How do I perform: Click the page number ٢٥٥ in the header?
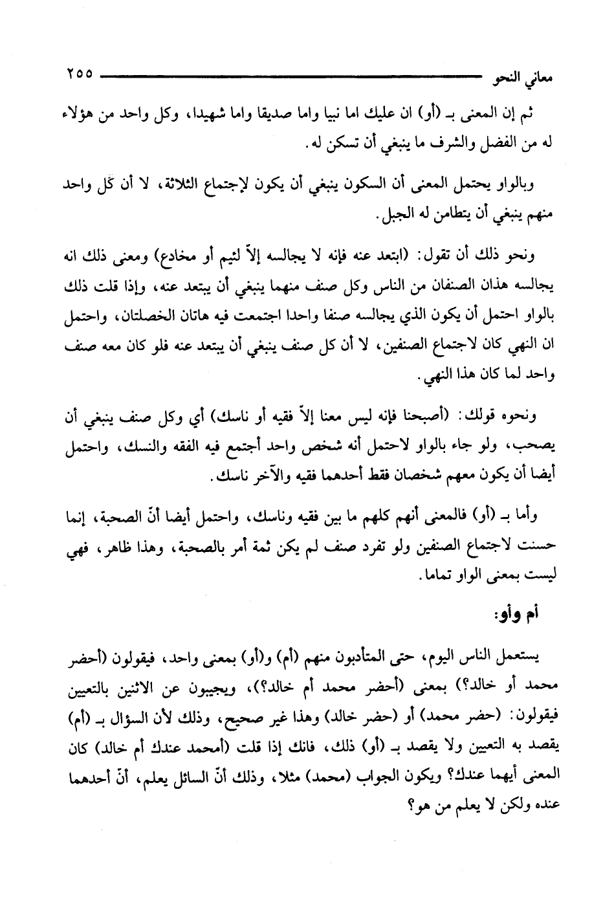tap(79, 74)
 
